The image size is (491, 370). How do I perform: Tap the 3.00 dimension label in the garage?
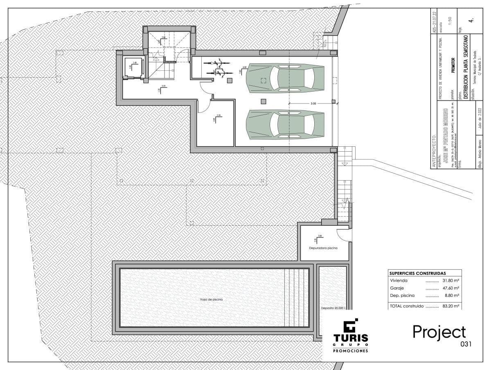tap(313, 104)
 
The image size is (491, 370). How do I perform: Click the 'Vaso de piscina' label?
tap(211, 300)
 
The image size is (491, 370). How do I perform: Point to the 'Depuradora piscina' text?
tap(323, 248)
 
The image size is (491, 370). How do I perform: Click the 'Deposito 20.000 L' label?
tap(333, 308)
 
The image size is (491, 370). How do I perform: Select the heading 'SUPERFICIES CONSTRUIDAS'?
tap(417, 273)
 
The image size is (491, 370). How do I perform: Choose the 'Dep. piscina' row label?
tap(402, 295)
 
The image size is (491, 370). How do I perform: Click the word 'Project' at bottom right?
tap(439, 332)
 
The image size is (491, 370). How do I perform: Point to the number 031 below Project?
tap(466, 344)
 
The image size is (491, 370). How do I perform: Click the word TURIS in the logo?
tap(350, 338)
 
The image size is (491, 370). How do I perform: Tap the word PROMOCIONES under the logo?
tap(350, 351)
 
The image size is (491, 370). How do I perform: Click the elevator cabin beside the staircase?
tap(133, 67)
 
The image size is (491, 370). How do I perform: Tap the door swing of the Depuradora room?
tap(343, 235)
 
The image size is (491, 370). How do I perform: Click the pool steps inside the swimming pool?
tap(295, 297)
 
